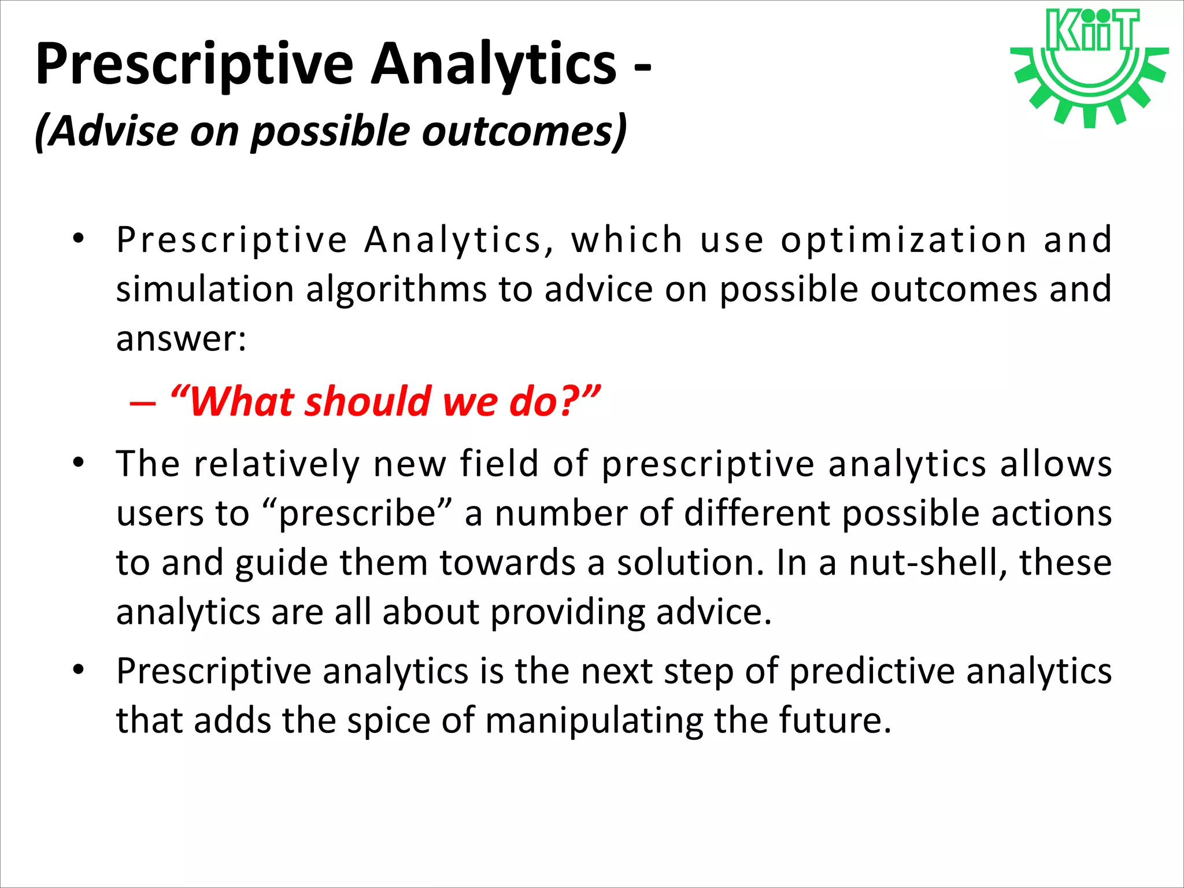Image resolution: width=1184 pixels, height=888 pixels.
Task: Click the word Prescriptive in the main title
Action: tap(194, 65)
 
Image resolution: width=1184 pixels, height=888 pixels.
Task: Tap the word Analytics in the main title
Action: tap(494, 65)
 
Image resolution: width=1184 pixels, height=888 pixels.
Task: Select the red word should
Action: tap(368, 401)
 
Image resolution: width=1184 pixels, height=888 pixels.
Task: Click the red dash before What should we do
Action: tap(143, 402)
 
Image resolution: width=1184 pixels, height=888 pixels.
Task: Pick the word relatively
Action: tap(276, 464)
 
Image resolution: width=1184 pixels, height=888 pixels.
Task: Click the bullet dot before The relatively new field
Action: tap(79, 462)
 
